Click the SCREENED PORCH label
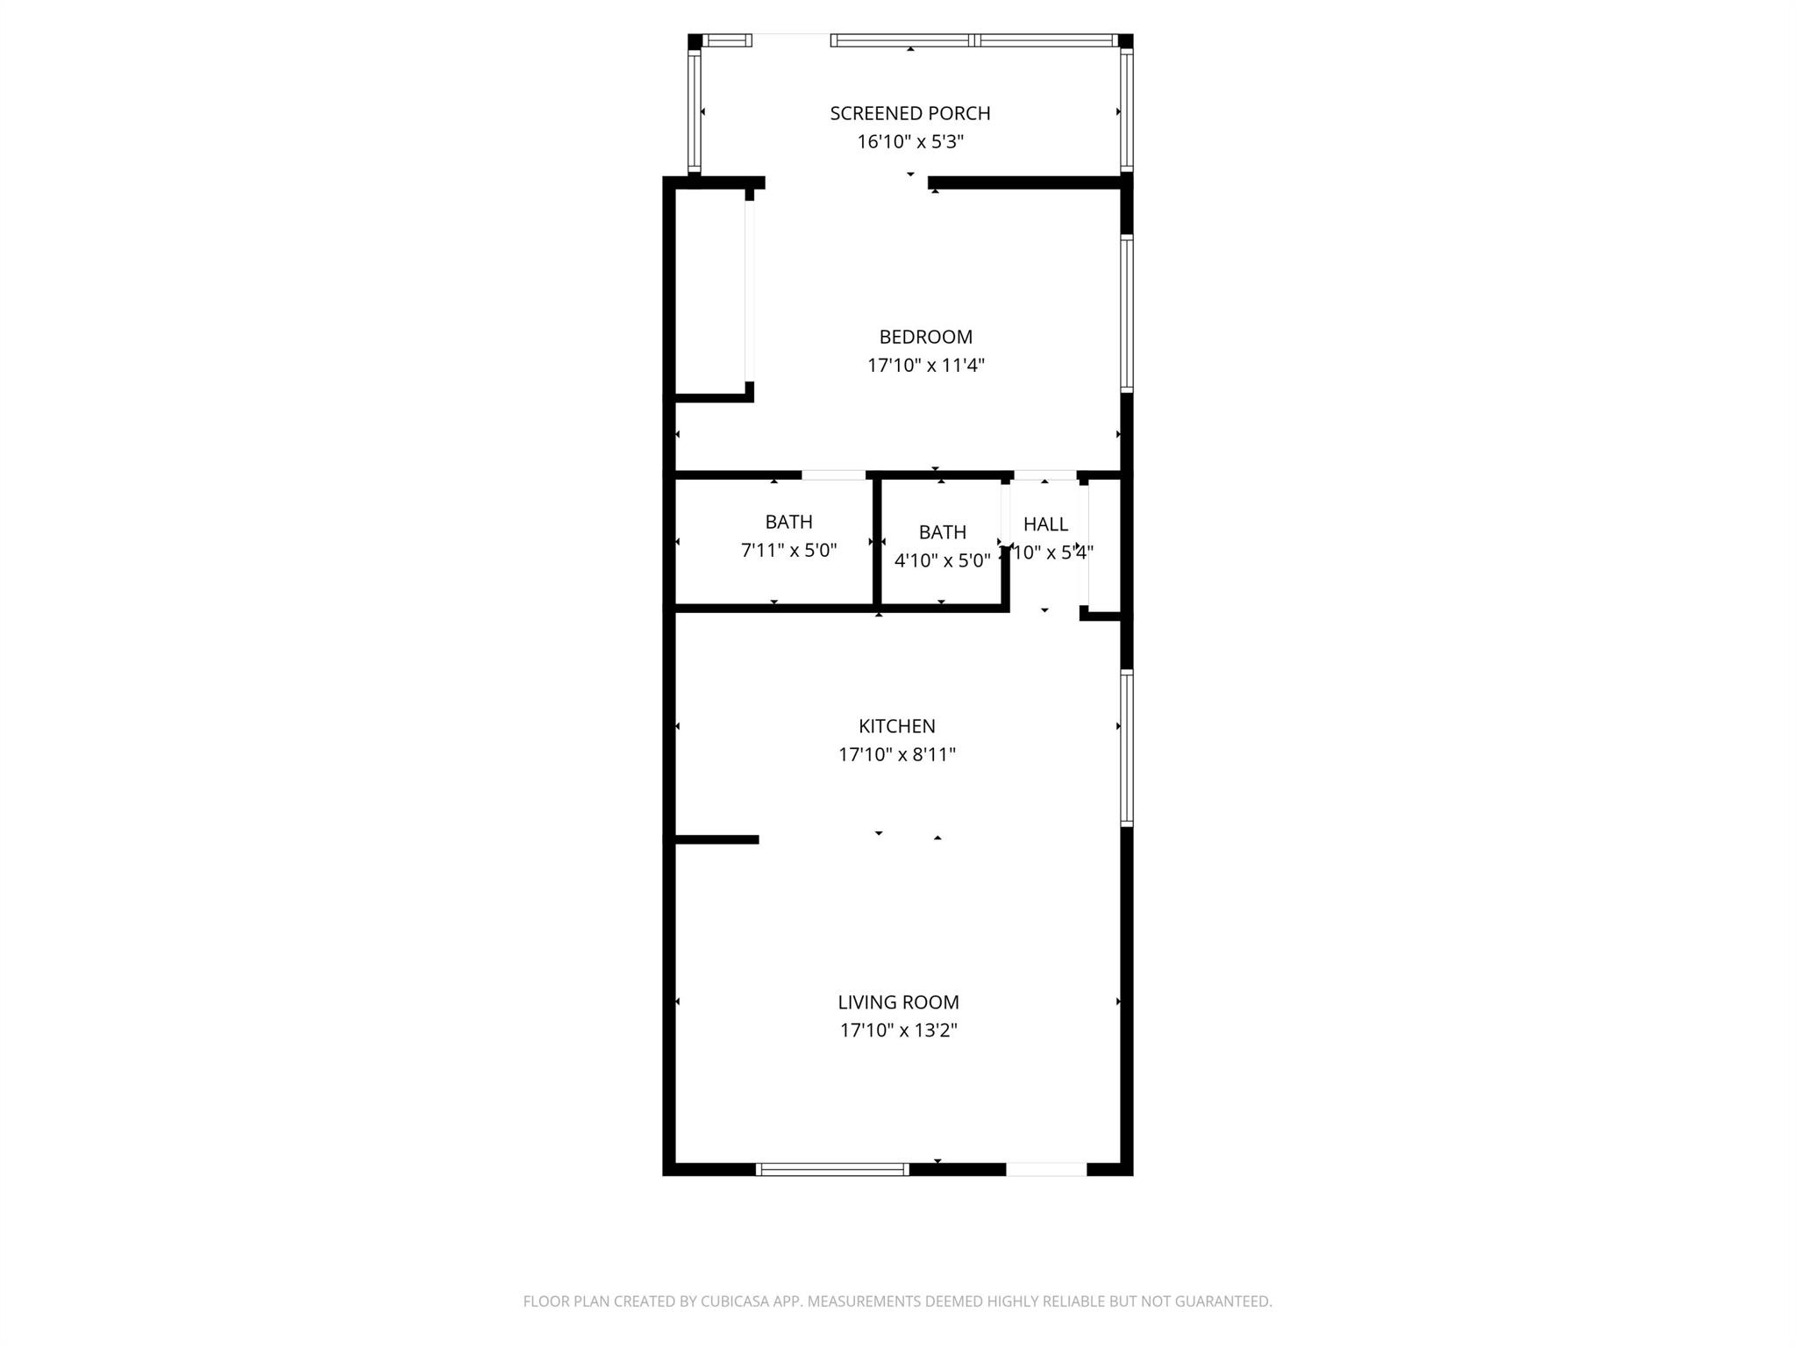(910, 113)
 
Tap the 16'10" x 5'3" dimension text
(910, 142)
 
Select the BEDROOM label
(925, 337)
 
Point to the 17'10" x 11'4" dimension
(925, 366)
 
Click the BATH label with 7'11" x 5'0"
(788, 522)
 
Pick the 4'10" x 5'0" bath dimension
(942, 560)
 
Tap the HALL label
(1045, 524)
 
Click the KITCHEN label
(896, 726)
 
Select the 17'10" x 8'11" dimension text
(896, 754)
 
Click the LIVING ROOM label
(898, 1001)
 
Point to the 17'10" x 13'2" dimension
(898, 1030)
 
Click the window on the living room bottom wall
(832, 1169)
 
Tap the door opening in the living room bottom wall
(1046, 1169)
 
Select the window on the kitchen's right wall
(1127, 748)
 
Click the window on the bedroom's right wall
(1127, 313)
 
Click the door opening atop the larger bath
(834, 475)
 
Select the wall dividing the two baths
(877, 541)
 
